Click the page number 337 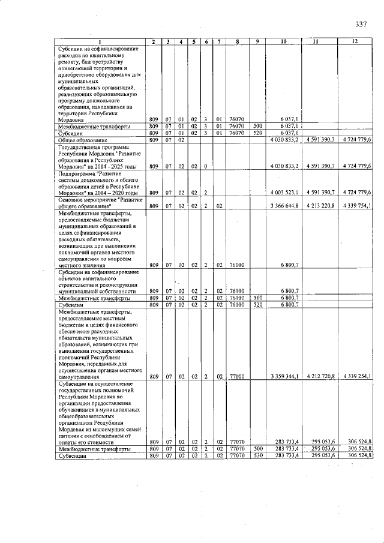361,24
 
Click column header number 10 284,41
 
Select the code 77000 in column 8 238,377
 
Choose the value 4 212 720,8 322,377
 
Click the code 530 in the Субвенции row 257,456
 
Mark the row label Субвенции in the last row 70,456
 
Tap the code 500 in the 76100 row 257,298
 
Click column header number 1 101,41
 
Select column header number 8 238,41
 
